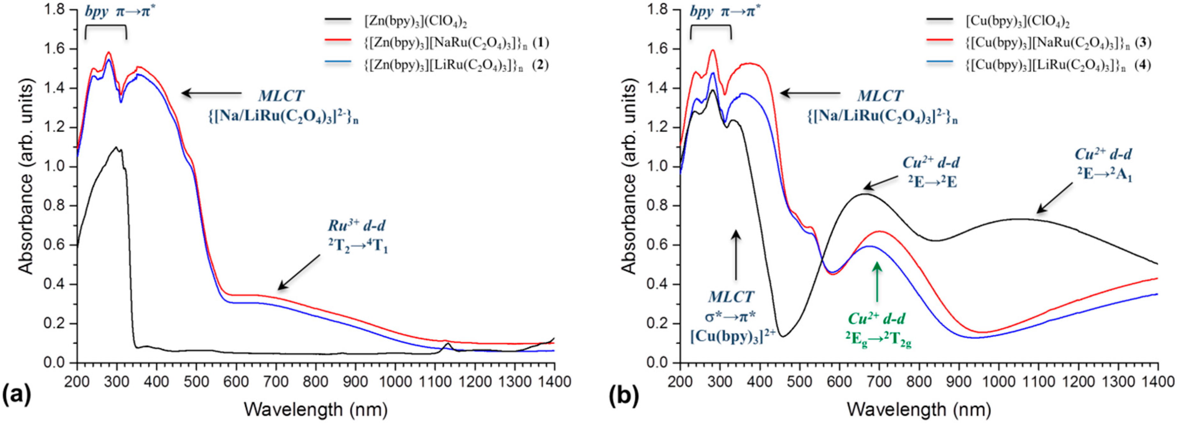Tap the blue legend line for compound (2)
338,64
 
